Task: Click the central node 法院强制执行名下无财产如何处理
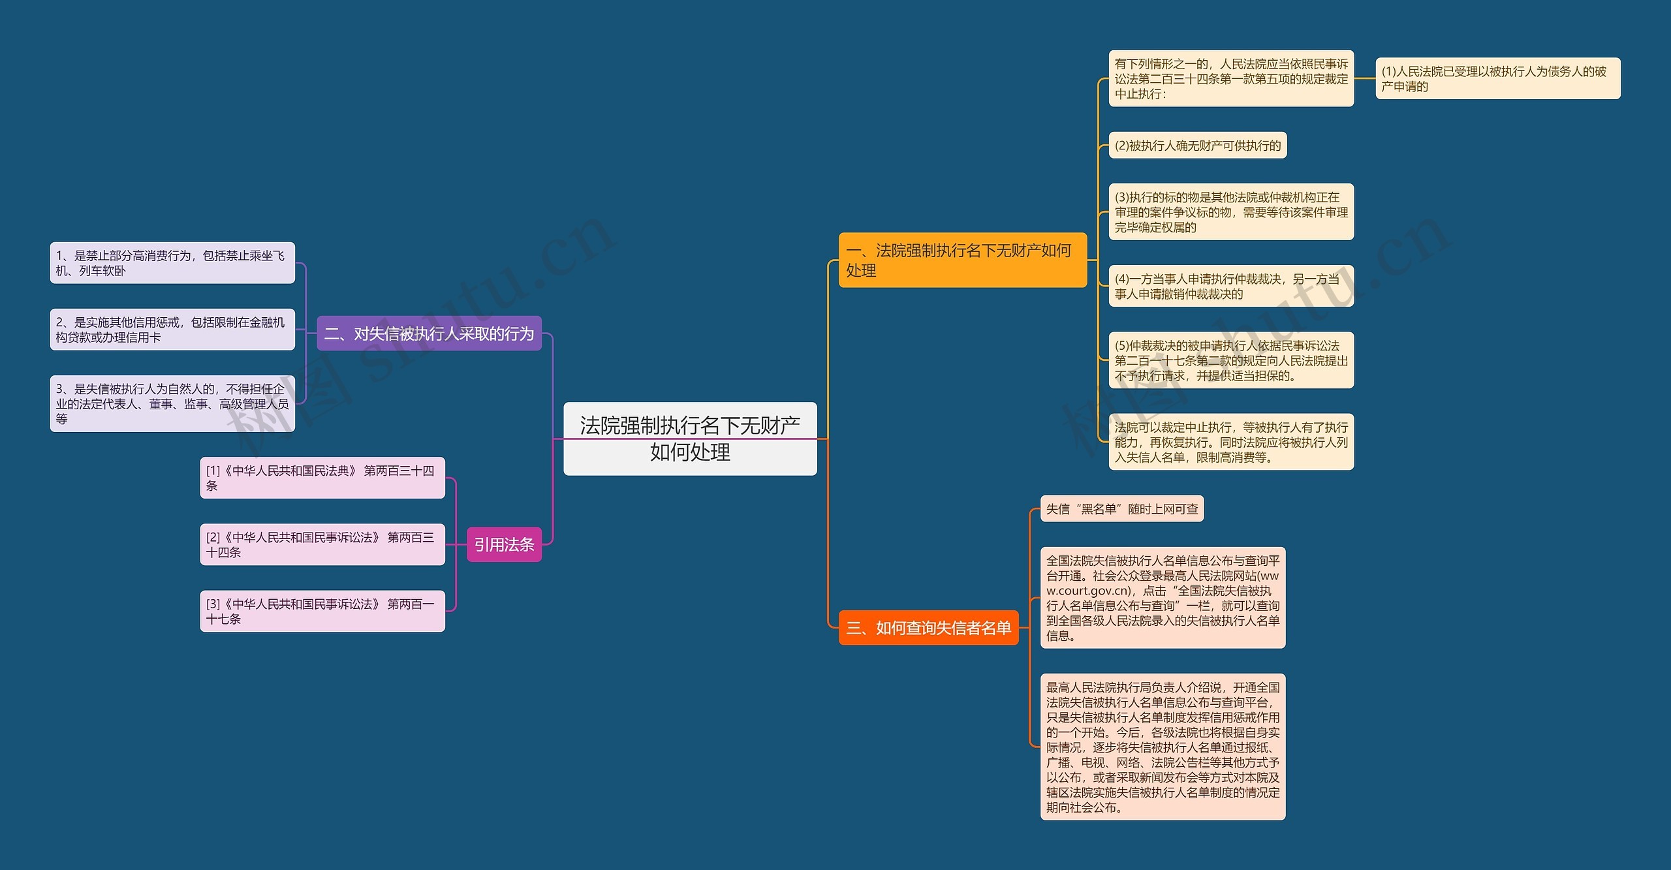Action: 690,438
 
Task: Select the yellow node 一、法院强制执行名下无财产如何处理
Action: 962,260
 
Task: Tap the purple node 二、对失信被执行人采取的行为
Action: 429,334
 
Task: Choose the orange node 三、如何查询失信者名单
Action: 928,627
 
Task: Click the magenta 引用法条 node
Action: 504,544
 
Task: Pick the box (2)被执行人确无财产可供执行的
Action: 1197,145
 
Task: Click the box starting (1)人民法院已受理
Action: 1497,78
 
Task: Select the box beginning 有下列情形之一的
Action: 1230,78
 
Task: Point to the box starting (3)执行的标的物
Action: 1230,211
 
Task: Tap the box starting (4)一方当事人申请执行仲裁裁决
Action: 1230,286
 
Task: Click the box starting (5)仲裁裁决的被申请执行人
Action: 1230,360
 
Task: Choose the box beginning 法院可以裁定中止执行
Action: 1230,441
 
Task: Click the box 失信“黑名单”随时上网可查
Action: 1121,508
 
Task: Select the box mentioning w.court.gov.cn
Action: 1162,597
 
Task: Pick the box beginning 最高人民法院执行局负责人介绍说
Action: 1162,746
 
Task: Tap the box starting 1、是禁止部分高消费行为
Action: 172,262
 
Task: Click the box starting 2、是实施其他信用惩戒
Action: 172,329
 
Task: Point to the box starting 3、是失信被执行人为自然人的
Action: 172,403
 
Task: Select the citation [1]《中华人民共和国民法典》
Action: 322,477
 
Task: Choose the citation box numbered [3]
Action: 322,610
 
